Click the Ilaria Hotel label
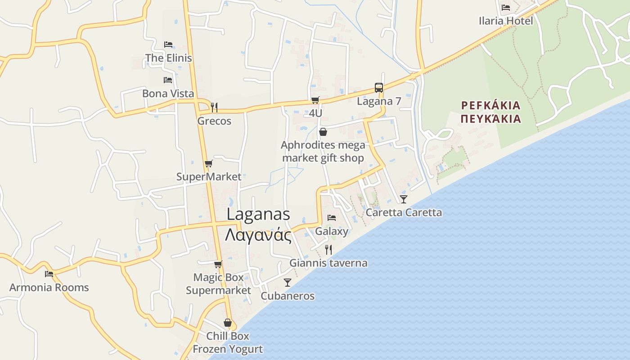click(x=506, y=21)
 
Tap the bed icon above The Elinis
click(x=168, y=44)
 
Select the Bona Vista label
click(x=168, y=94)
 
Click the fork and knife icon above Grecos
click(x=214, y=107)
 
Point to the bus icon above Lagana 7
click(x=379, y=88)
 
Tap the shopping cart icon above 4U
click(x=315, y=100)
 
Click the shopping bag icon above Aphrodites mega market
click(x=323, y=132)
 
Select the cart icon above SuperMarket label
click(x=208, y=164)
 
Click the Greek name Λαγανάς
click(x=258, y=235)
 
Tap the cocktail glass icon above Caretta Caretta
click(x=404, y=199)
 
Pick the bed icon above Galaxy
click(x=332, y=218)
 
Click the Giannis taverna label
click(x=328, y=263)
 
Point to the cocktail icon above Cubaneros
click(x=288, y=283)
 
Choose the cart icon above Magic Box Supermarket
click(x=218, y=264)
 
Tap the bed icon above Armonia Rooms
click(x=49, y=274)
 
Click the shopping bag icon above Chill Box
click(x=228, y=323)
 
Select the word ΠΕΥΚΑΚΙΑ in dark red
click(x=491, y=119)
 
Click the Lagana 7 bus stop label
click(x=379, y=101)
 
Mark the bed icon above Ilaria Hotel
click(x=506, y=7)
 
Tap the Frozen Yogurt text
click(x=228, y=349)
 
